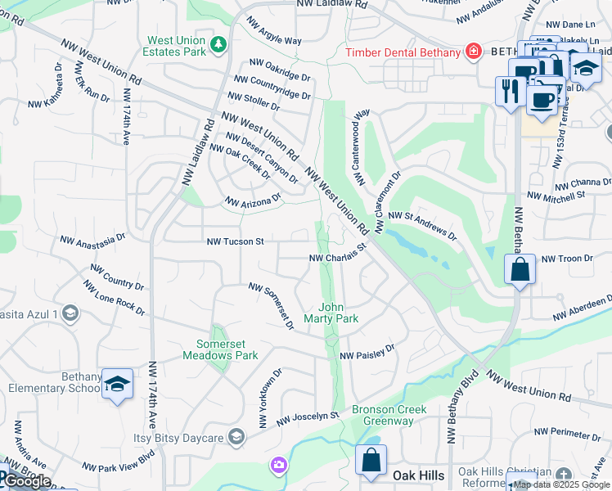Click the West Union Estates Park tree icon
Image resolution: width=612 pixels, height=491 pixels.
point(218,43)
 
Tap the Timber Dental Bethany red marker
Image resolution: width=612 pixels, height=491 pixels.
point(473,52)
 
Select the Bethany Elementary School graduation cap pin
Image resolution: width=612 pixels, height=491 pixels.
point(118,383)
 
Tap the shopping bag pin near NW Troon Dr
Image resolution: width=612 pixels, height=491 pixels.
point(520,269)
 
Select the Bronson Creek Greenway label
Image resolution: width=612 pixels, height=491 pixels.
point(383,415)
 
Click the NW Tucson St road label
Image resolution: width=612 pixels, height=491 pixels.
point(235,242)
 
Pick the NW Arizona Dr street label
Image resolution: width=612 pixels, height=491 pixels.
point(253,200)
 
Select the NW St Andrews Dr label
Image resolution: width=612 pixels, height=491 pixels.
point(422,224)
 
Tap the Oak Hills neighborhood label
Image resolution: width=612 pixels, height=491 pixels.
point(418,475)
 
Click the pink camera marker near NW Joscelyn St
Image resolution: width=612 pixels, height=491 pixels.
point(280,466)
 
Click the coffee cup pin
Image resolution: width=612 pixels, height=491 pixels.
point(541,99)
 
